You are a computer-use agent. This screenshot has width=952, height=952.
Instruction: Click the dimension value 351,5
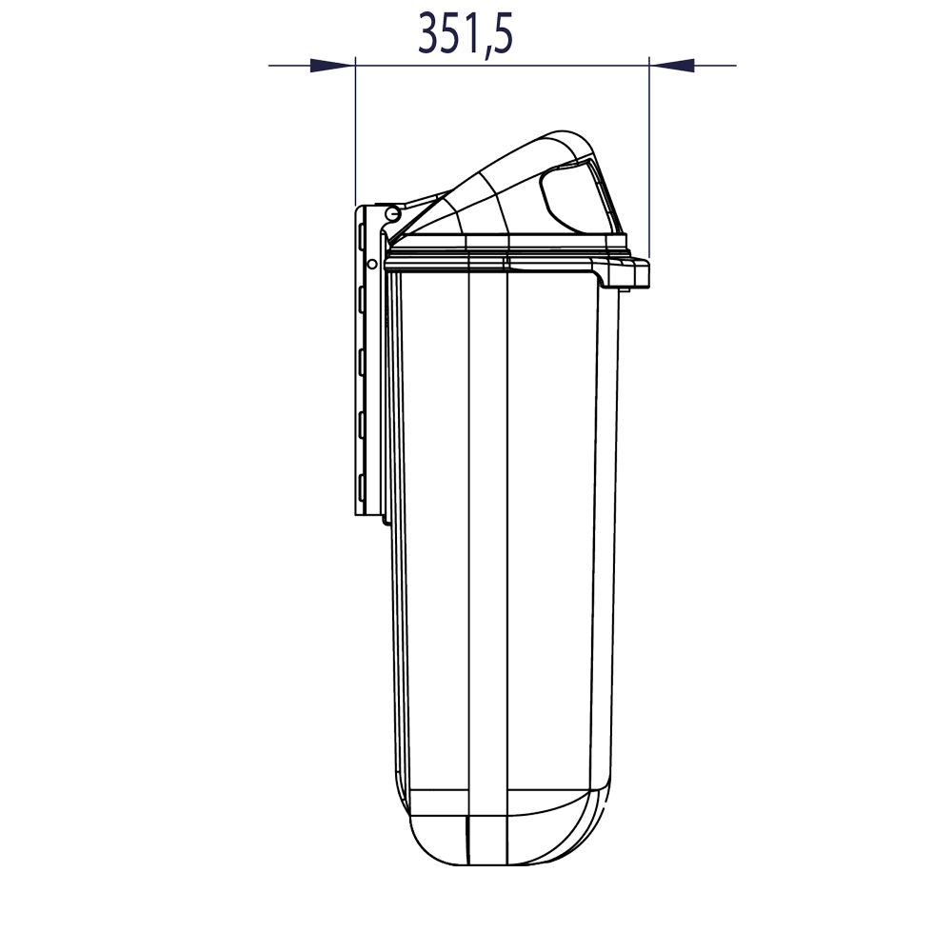coord(466,32)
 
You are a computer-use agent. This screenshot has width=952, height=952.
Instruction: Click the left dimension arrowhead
coord(332,65)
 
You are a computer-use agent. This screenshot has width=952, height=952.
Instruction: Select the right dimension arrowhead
coord(671,65)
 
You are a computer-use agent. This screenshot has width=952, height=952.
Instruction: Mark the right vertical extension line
coord(649,158)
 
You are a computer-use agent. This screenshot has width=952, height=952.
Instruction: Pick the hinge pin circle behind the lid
coord(393,213)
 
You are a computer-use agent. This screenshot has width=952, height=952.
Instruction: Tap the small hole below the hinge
coord(372,264)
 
